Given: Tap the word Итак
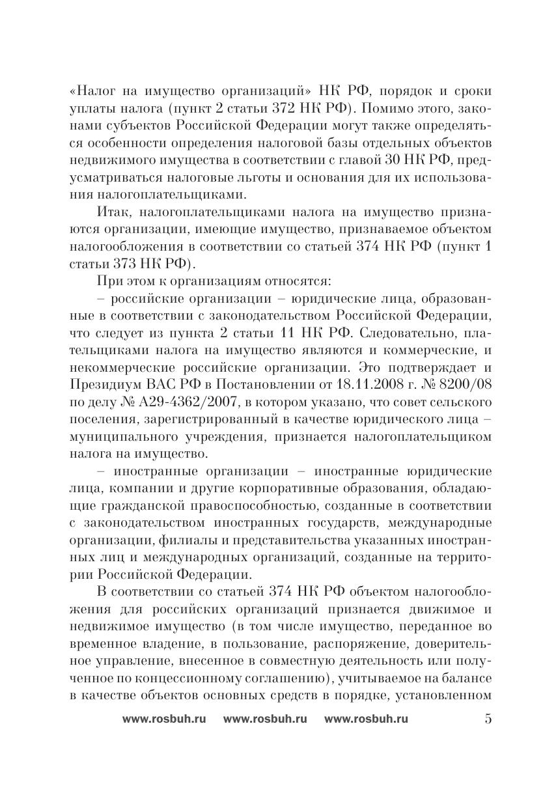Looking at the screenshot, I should (115, 213).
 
